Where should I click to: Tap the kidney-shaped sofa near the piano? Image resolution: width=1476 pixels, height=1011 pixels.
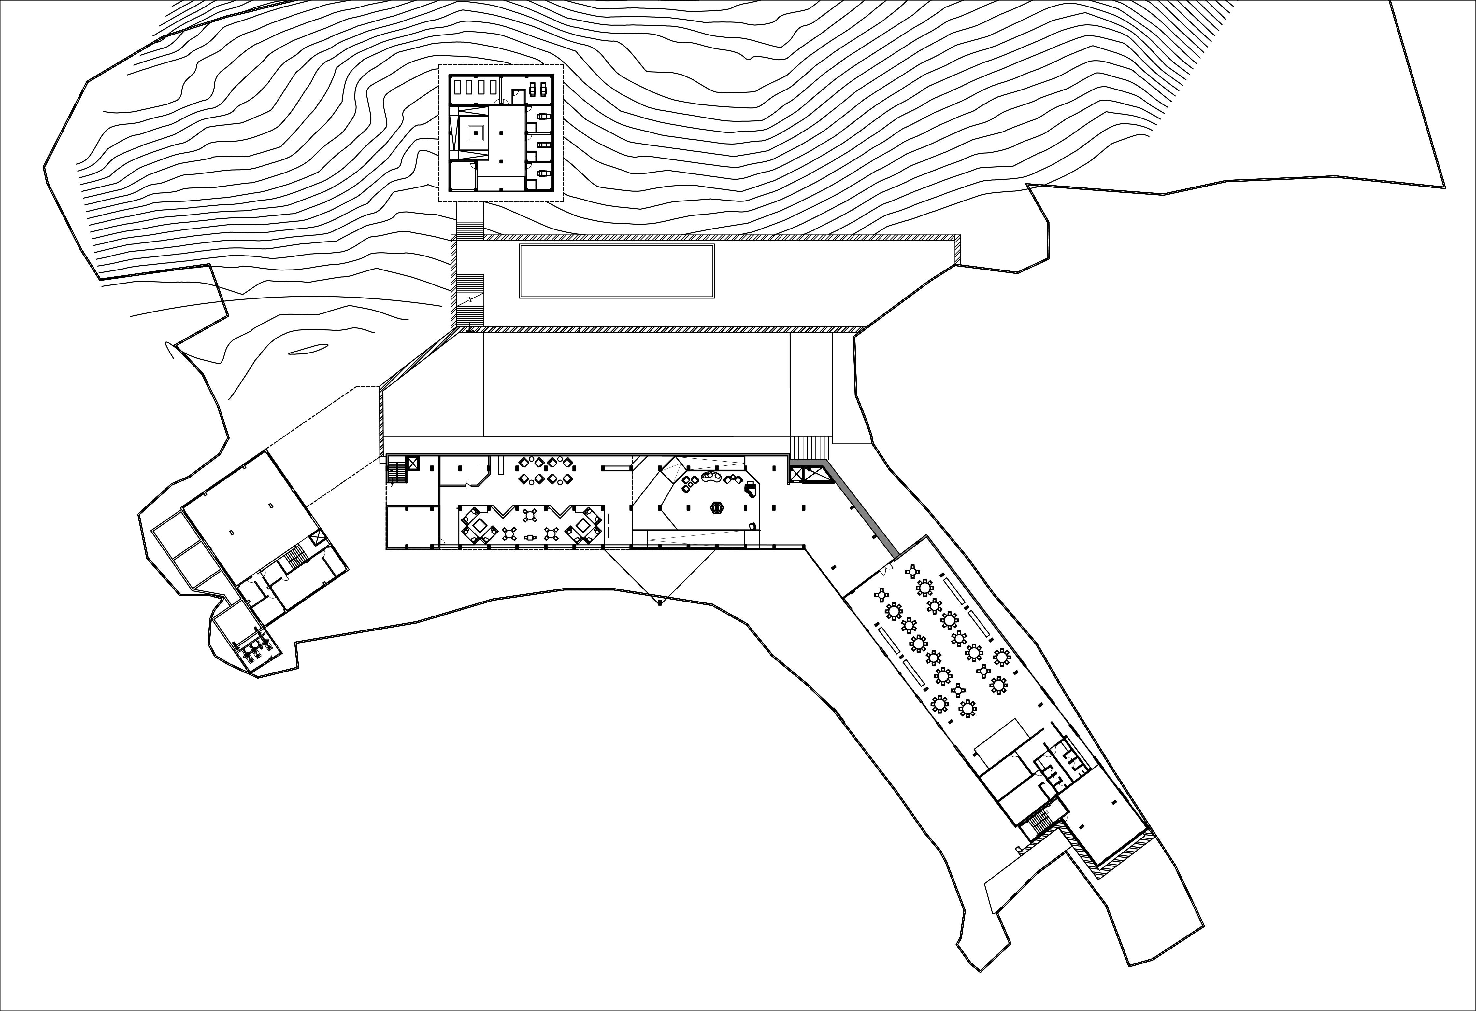tap(710, 478)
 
